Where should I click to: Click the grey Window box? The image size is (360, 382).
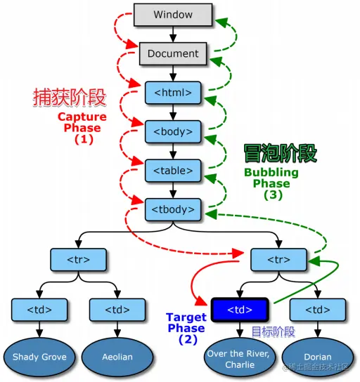[x=173, y=15]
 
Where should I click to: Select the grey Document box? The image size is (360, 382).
[x=173, y=53]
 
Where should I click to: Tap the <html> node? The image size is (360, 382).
[x=173, y=92]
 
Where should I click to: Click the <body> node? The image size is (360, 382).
[x=173, y=131]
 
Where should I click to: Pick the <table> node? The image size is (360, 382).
[x=173, y=169]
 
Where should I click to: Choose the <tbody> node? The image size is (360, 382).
[x=173, y=209]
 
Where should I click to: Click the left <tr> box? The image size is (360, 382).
[x=79, y=260]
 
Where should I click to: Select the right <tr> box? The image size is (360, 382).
[x=279, y=260]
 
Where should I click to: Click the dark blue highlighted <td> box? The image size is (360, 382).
[x=240, y=310]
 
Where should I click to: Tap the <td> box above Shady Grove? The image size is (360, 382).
[x=39, y=310]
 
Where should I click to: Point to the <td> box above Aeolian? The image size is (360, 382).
[x=117, y=310]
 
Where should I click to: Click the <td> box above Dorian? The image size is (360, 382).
[x=317, y=310]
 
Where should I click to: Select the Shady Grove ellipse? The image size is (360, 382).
[x=39, y=357]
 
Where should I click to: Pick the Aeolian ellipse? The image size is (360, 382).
[x=117, y=357]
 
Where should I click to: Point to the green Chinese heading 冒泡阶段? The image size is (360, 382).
[x=270, y=153]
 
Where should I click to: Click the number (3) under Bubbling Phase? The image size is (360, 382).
[x=272, y=196]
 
